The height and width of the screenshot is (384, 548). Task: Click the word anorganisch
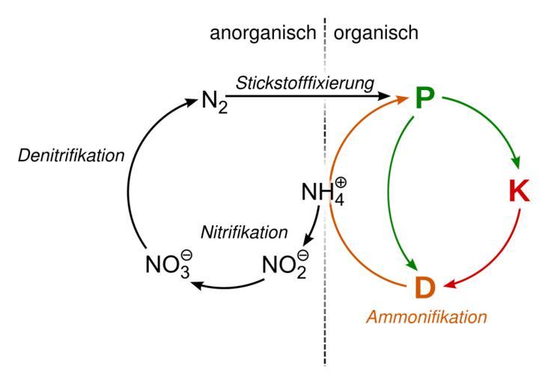(x=264, y=34)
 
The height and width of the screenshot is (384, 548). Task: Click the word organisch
(x=376, y=34)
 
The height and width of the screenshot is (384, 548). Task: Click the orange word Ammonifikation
(x=426, y=316)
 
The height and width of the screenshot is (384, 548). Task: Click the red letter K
(x=517, y=192)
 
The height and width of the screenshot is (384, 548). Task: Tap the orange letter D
(x=424, y=286)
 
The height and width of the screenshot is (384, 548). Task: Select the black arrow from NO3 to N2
(x=129, y=180)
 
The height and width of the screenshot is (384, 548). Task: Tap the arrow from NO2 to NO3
(x=228, y=286)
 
